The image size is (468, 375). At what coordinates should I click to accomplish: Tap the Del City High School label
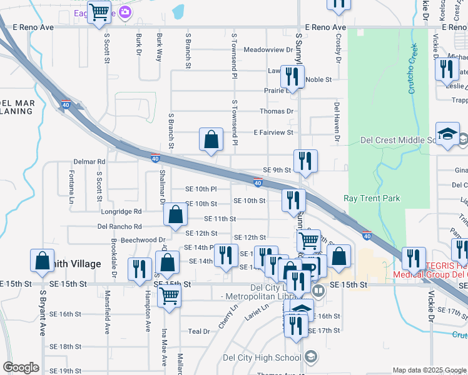(262, 358)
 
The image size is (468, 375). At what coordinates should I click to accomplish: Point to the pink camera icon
(126, 12)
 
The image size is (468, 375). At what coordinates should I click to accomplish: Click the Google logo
(21, 367)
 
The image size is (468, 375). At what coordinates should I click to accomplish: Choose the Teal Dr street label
(199, 331)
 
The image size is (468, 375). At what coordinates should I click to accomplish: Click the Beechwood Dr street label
(143, 239)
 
